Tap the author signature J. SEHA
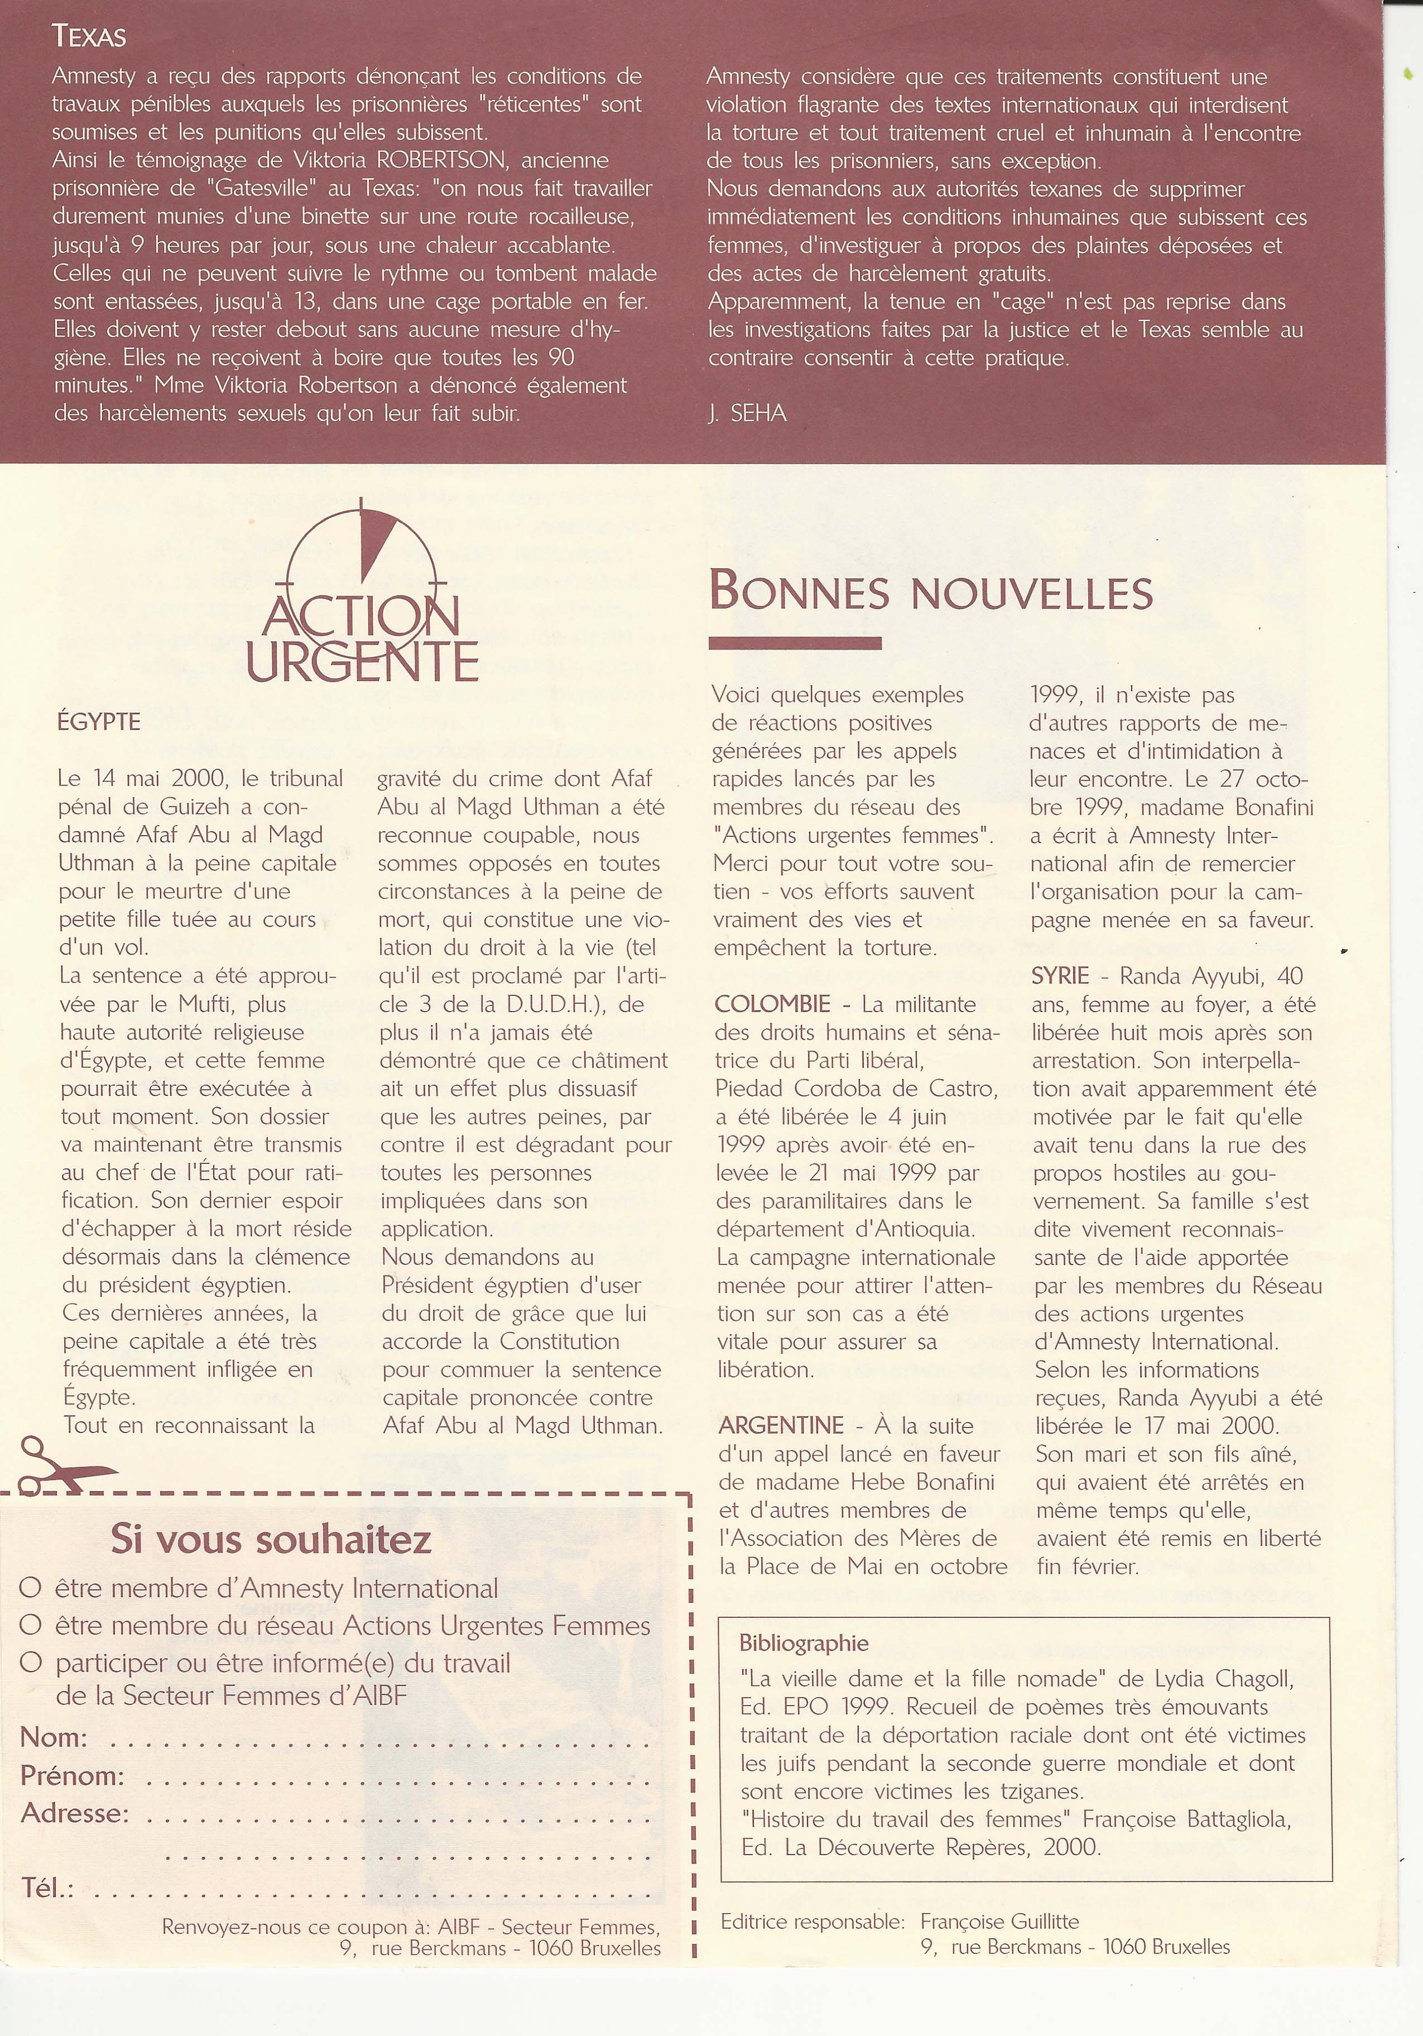pos(747,413)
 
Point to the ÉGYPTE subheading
pos(98,722)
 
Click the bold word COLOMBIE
pos(772,1004)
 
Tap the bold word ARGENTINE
pos(780,1425)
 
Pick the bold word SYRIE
pos(1060,975)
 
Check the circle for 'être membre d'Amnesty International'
pos(31,1588)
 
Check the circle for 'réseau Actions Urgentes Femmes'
pos(31,1626)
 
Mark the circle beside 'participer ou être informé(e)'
pos(31,1663)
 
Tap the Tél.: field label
pos(47,1888)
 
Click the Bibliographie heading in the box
pos(803,1643)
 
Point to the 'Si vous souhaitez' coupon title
pos(271,1539)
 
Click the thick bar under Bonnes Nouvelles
pos(795,643)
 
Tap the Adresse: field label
pos(74,1813)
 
